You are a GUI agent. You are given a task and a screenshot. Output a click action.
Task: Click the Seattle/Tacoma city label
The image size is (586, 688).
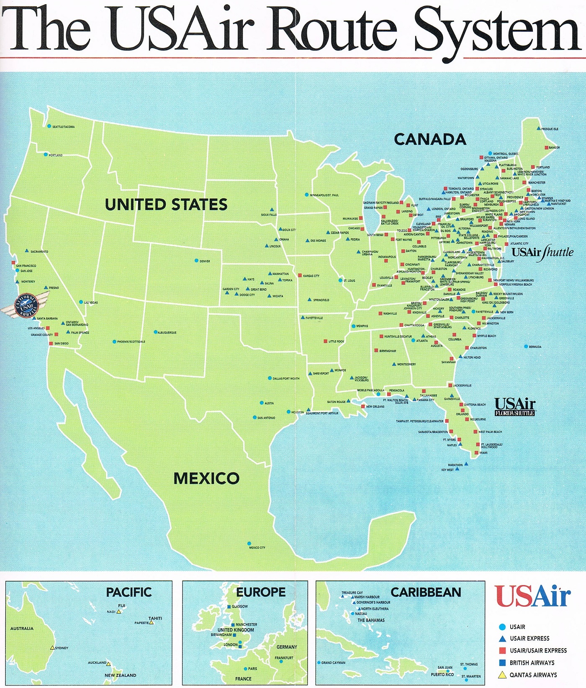click(x=63, y=127)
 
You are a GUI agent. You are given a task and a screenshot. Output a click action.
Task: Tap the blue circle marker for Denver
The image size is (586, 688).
click(x=196, y=261)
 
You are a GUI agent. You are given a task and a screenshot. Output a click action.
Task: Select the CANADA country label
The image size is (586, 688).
click(x=430, y=140)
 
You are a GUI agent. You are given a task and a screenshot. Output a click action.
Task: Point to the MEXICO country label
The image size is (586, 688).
click(x=206, y=478)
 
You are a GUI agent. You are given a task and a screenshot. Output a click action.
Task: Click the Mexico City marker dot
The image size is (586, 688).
click(x=249, y=544)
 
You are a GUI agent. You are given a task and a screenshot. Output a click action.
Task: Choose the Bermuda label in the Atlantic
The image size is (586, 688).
click(x=535, y=347)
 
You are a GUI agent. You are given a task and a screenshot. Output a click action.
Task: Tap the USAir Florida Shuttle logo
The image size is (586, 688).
click(x=514, y=407)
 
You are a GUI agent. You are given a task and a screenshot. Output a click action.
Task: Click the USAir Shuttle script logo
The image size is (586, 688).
click(x=542, y=253)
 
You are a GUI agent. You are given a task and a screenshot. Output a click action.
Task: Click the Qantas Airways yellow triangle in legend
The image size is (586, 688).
click(x=503, y=675)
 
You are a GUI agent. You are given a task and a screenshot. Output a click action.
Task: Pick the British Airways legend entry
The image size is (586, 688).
click(x=532, y=663)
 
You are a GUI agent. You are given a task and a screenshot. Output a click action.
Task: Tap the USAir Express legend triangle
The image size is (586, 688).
click(x=503, y=639)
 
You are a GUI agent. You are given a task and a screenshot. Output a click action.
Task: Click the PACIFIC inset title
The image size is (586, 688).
click(x=129, y=592)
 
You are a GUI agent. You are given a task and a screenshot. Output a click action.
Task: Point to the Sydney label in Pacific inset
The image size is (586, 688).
click(x=62, y=648)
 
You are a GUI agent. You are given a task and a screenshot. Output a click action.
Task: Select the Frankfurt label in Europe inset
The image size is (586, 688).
click(x=284, y=658)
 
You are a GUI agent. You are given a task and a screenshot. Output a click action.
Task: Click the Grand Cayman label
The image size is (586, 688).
click(x=333, y=663)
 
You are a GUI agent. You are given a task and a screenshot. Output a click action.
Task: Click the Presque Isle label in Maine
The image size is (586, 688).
click(x=550, y=129)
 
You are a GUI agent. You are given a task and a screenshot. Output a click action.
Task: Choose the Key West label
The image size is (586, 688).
click(x=447, y=470)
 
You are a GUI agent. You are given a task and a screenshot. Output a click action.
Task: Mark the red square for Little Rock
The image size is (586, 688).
click(x=326, y=341)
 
